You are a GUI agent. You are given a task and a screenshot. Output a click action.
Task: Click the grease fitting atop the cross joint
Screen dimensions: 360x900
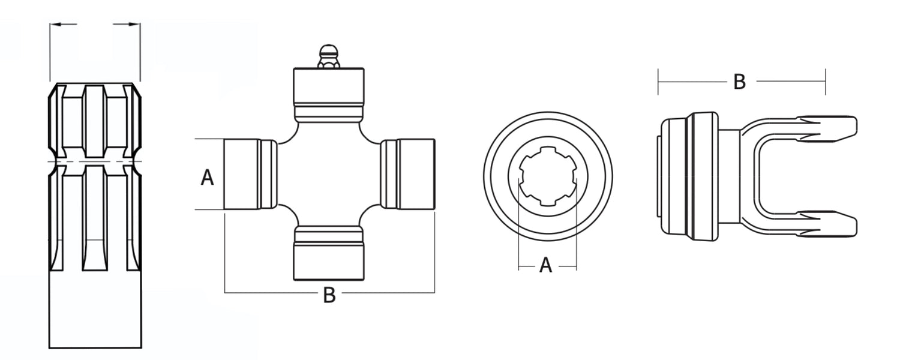(328, 55)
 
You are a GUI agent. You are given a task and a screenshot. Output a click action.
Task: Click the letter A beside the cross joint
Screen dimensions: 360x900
(207, 178)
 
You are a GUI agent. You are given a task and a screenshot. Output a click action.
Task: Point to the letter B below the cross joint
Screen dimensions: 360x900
(329, 295)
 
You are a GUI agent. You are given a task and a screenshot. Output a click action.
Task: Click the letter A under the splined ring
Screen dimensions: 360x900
(545, 265)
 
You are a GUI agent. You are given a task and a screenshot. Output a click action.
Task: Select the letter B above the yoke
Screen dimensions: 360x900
(740, 82)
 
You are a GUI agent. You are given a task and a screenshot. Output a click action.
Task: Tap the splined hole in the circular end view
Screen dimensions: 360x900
(547, 176)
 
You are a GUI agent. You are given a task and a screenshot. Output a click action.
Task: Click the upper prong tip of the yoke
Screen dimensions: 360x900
(843, 127)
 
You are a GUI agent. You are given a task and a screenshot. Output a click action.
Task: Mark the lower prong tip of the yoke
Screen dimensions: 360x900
(843, 223)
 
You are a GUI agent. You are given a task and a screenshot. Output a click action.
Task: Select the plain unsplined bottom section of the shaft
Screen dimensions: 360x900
(95, 309)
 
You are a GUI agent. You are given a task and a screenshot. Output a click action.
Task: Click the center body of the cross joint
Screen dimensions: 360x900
(328, 175)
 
